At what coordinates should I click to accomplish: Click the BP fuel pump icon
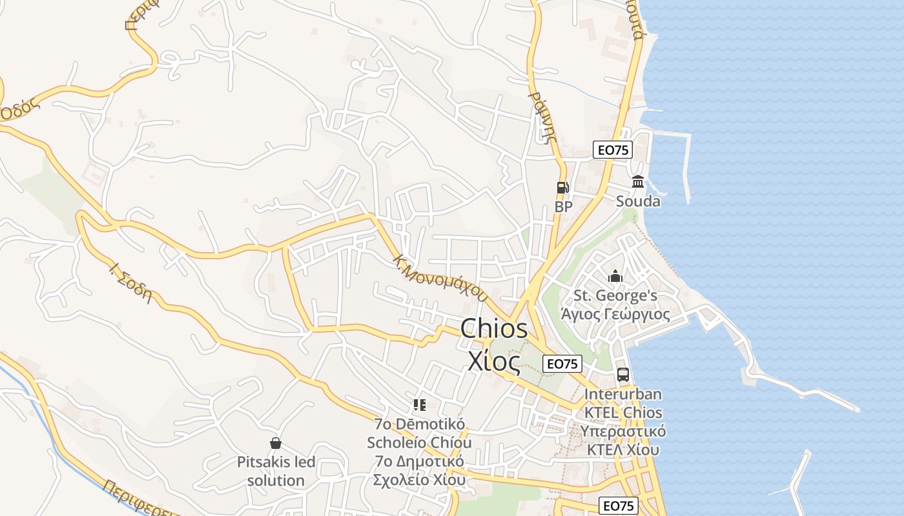pos(562,188)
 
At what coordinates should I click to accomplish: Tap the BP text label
pos(564,207)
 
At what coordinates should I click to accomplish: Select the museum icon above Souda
pos(638,181)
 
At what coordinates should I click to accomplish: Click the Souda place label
pos(638,201)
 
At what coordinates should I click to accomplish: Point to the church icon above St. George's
pos(615,277)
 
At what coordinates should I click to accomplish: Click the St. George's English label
pos(615,296)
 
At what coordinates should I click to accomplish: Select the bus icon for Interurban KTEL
pos(623,374)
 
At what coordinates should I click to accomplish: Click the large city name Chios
pos(494,329)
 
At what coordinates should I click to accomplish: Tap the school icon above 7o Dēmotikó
pos(420,405)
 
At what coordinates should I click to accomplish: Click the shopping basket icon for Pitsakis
pos(276,443)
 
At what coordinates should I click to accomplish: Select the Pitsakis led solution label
pos(276,471)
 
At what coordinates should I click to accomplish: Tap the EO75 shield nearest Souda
pos(612,150)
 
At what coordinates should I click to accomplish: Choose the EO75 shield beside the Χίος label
pos(562,363)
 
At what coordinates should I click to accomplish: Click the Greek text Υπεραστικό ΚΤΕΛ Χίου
pos(623,441)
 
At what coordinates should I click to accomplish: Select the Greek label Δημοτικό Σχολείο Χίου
pos(419,471)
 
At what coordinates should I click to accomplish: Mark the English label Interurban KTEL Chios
pos(623,403)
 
